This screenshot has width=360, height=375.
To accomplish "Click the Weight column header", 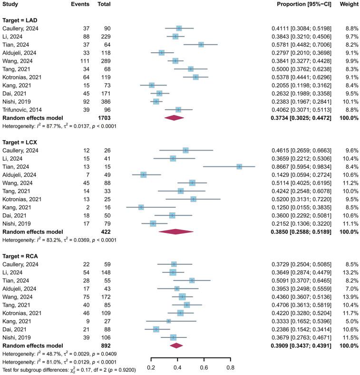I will (x=346, y=4).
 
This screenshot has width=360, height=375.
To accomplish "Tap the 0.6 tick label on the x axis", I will (x=204, y=367).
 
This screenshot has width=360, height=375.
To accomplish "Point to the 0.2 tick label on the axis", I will (x=151, y=367).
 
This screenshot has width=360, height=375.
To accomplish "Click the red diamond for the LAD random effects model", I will (x=173, y=118).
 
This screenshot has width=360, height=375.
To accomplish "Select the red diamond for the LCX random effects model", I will (x=176, y=231).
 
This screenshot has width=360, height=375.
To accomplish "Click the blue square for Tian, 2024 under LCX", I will (x=239, y=166).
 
